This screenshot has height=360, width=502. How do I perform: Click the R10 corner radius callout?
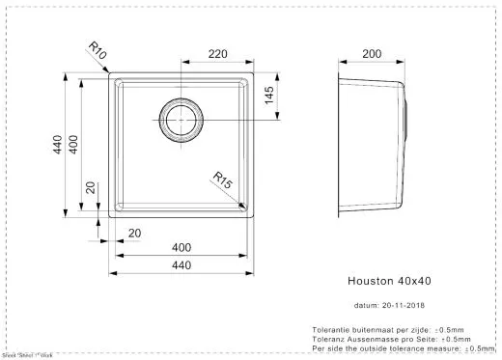96,49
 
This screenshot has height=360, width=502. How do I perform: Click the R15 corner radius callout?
224,180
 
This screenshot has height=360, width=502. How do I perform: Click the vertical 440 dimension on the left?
58,146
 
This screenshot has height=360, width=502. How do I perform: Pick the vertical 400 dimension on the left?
73,146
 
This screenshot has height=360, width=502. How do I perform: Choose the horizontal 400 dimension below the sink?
180,248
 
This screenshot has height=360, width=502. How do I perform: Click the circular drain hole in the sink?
180,120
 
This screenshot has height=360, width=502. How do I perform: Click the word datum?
366,306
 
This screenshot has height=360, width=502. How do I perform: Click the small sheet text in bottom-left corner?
27,356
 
